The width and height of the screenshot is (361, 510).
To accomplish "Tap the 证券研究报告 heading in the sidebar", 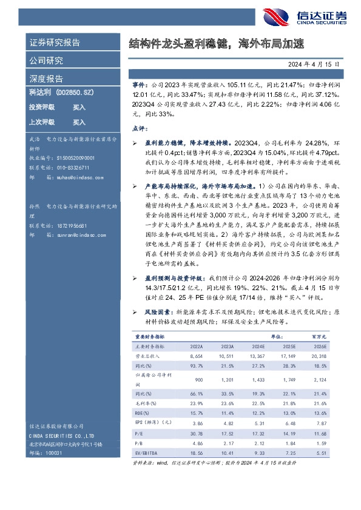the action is click(55, 42).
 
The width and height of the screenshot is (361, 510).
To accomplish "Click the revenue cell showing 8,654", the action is click(196, 357).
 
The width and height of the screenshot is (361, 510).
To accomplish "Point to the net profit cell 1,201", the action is click(227, 380).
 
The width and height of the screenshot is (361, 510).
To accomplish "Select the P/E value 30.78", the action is click(195, 433).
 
